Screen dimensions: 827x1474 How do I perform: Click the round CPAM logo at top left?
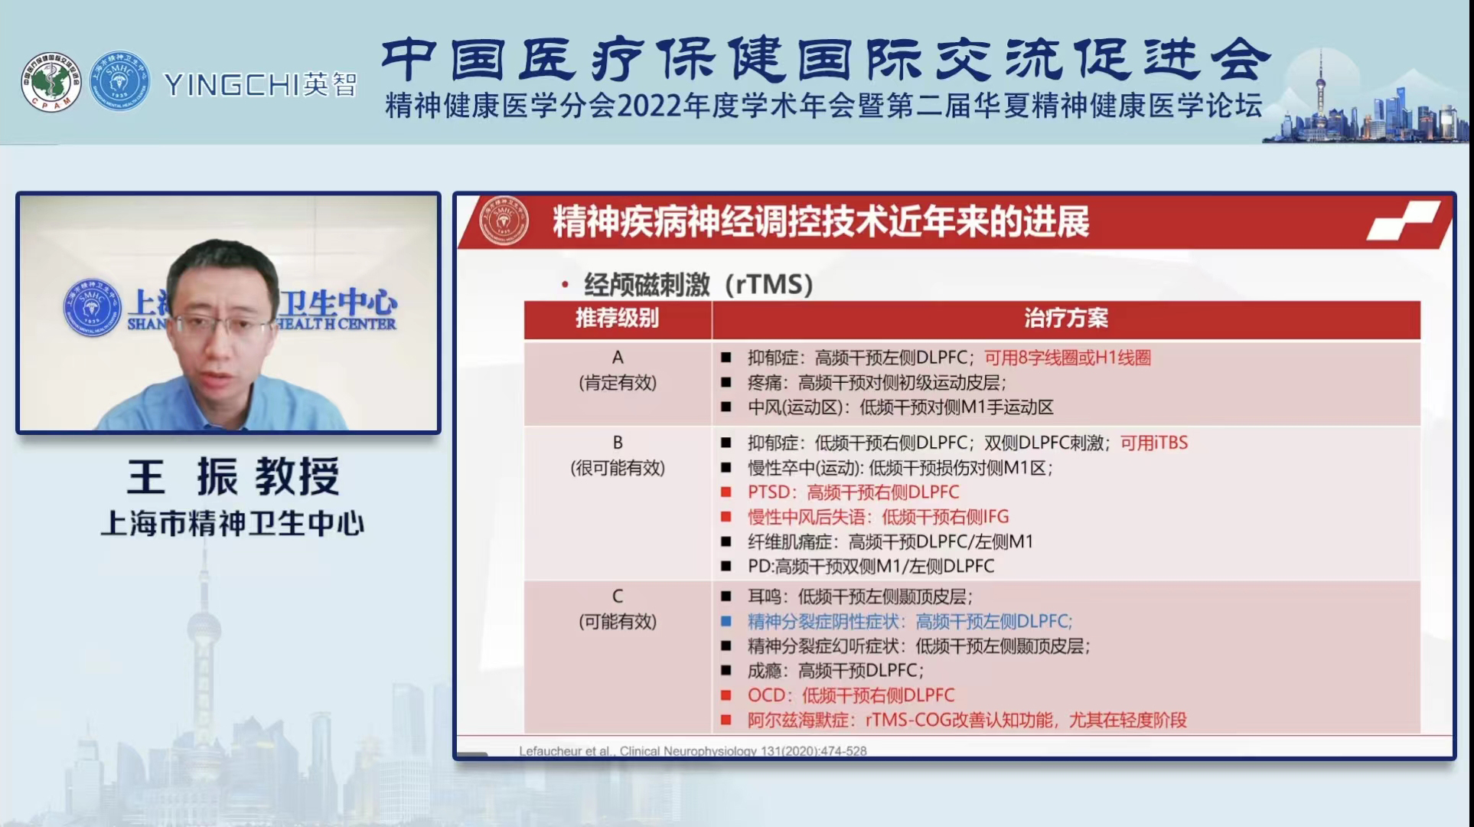tap(51, 82)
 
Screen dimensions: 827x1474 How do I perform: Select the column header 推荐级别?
tap(617, 319)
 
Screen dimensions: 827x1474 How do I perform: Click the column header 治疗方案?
tap(1065, 319)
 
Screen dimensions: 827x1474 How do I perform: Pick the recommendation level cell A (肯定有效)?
tap(617, 371)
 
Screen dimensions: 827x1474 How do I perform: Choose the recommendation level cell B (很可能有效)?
tap(617, 456)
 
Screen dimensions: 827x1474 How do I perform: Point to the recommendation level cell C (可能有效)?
tap(617, 609)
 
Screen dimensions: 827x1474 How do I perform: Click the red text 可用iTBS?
tap(1153, 443)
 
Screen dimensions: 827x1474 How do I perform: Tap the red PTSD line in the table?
tap(853, 492)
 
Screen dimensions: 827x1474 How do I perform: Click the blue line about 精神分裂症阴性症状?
tap(909, 621)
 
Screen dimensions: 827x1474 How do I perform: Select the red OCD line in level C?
tap(850, 695)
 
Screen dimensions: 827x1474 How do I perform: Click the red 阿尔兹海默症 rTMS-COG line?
tap(966, 720)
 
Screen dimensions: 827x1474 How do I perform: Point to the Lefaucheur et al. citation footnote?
tap(693, 751)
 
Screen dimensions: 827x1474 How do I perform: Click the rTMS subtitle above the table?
tap(697, 285)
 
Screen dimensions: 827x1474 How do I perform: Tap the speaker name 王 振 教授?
tap(233, 476)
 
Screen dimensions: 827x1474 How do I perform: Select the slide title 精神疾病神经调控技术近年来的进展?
tap(820, 222)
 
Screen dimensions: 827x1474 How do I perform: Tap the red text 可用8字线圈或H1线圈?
tap(1067, 358)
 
